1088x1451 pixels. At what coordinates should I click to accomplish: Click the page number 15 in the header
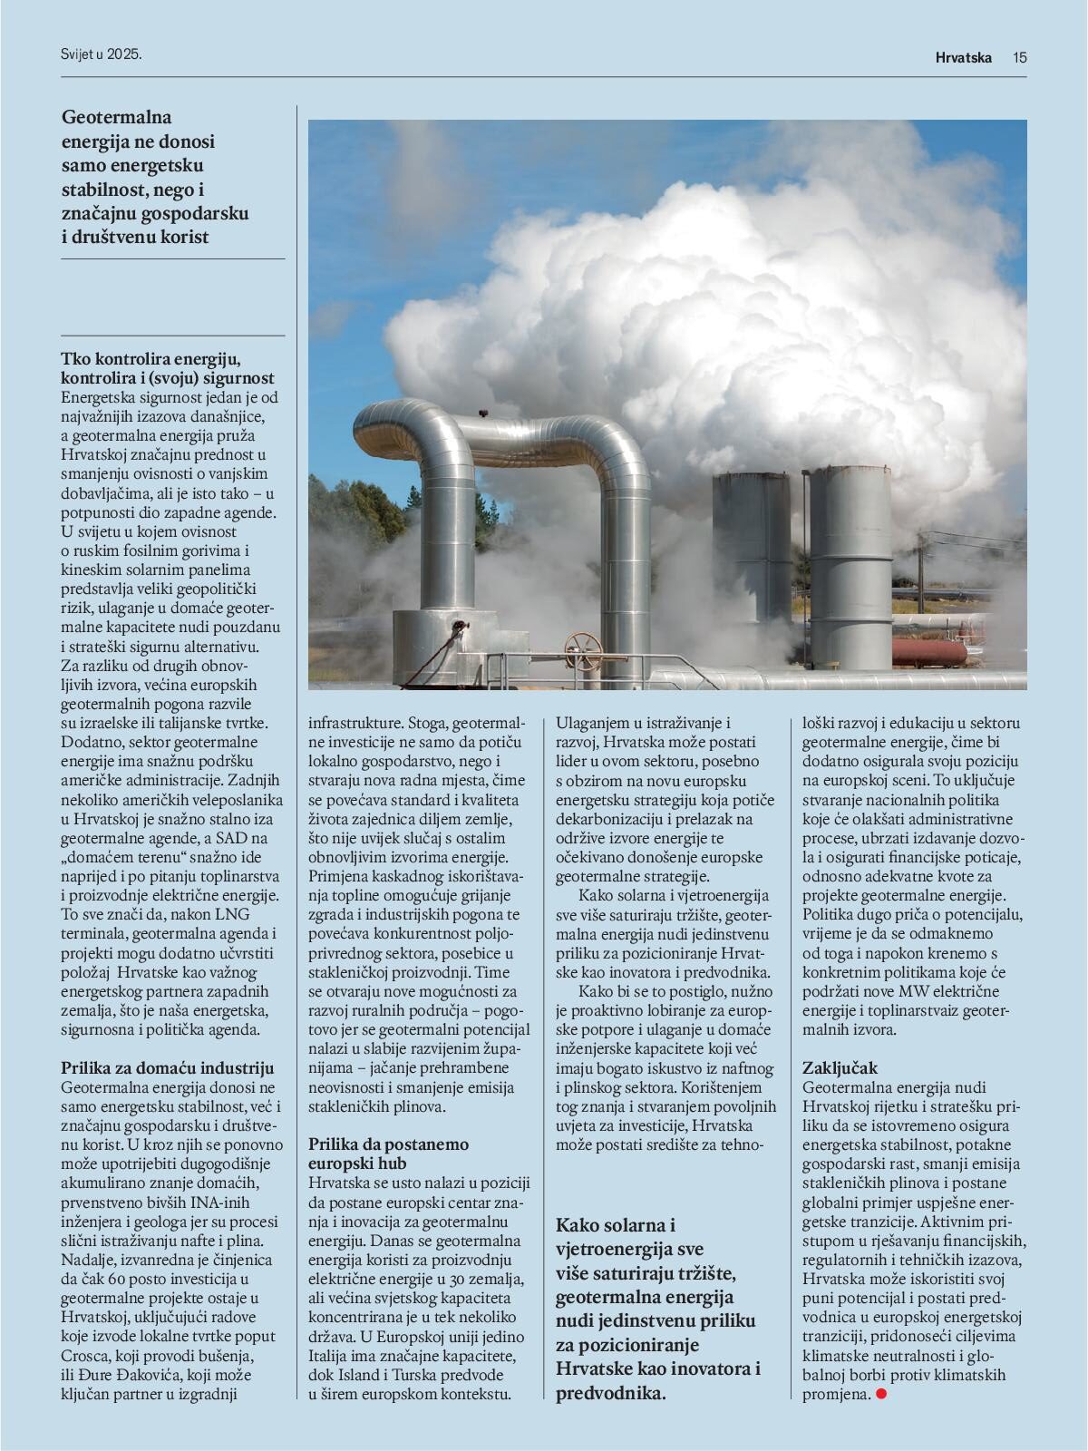tap(1020, 58)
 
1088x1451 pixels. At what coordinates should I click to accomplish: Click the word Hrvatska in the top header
tap(965, 58)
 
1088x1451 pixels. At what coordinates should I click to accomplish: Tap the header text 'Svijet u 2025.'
tap(96, 54)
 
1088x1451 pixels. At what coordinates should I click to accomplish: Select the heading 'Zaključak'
tap(840, 1068)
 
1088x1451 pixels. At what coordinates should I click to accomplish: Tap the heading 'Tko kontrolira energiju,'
tap(150, 358)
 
